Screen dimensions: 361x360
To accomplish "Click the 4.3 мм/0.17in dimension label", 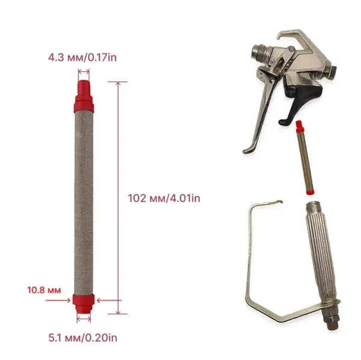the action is (x=82, y=57).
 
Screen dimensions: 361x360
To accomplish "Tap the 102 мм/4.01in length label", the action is (x=164, y=198).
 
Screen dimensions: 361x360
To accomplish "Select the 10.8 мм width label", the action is (x=44, y=290).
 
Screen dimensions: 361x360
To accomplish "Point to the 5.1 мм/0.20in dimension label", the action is (x=82, y=338).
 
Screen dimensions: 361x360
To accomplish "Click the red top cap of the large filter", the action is (x=84, y=96).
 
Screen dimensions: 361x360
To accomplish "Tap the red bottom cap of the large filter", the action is (x=84, y=304).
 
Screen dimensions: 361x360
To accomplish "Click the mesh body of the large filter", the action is (x=84, y=203).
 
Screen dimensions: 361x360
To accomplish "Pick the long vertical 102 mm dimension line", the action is (x=118, y=198).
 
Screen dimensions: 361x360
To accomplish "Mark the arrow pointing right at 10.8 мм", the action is (x=58, y=301).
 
